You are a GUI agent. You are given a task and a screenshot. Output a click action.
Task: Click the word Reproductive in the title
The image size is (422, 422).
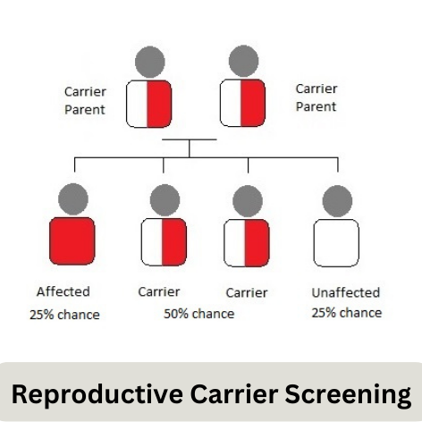(97, 394)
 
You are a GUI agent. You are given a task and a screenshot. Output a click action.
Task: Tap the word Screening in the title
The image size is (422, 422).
(348, 395)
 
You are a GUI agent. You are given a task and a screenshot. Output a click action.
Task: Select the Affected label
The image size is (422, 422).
(63, 291)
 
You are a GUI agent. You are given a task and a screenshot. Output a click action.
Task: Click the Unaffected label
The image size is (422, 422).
(346, 292)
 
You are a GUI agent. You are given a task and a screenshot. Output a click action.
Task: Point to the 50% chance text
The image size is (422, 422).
(199, 314)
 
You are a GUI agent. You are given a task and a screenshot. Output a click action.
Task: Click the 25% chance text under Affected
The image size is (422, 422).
(64, 315)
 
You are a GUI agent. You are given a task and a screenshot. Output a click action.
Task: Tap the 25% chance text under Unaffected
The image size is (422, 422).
(347, 313)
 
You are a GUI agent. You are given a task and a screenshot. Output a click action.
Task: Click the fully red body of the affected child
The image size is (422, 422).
(72, 241)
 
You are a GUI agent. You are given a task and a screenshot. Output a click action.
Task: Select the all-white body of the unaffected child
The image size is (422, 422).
(336, 243)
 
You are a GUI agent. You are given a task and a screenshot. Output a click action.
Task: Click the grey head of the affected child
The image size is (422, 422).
(73, 198)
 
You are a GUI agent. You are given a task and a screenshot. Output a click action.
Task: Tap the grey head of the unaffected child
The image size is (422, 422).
(337, 200)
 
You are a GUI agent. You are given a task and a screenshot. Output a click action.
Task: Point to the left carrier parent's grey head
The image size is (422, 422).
(150, 62)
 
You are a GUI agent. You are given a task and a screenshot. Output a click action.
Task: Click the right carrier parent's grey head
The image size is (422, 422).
(244, 61)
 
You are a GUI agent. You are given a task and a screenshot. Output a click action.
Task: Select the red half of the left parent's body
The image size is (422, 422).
(159, 104)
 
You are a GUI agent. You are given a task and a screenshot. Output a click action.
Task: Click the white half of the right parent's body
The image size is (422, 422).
(231, 103)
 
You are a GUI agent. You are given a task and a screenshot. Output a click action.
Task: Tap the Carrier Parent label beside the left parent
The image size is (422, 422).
(85, 101)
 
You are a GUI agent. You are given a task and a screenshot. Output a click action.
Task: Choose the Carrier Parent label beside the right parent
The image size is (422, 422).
(316, 97)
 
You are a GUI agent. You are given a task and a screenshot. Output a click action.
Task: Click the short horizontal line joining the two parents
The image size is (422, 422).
(190, 139)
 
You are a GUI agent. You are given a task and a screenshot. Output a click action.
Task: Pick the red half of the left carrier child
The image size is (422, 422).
(174, 242)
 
